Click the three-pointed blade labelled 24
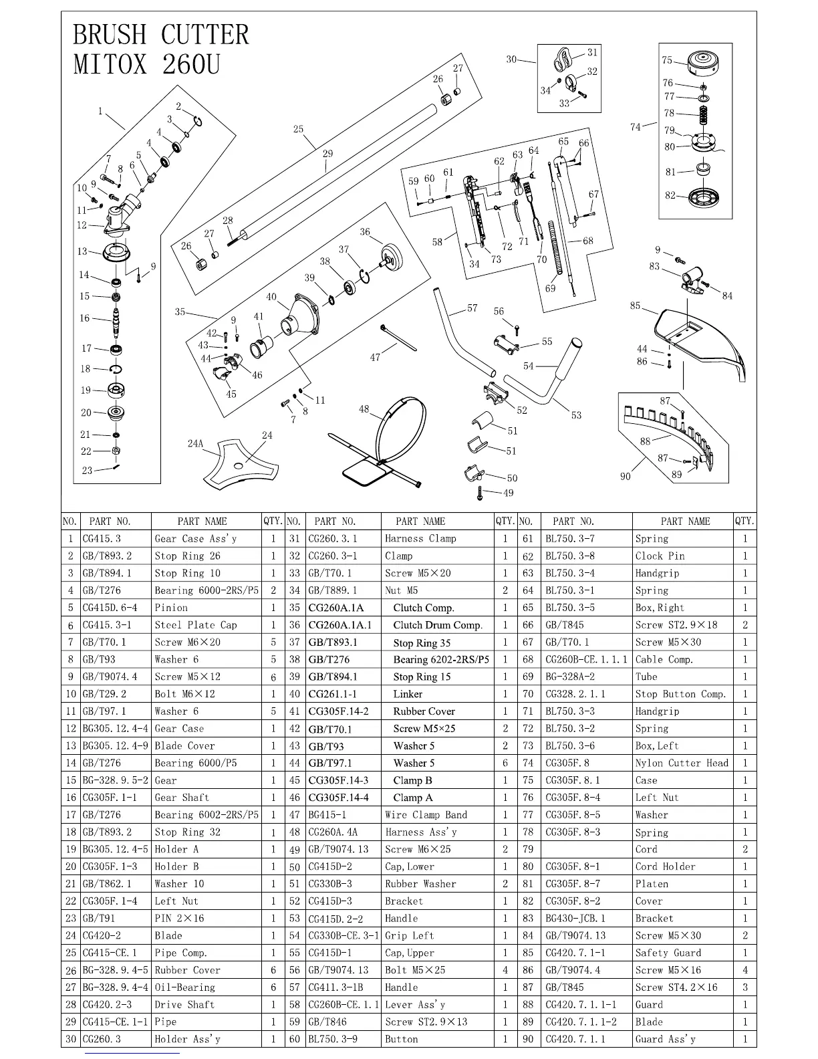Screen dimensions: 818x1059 [x=239, y=463]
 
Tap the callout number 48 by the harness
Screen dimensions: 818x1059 [x=364, y=409]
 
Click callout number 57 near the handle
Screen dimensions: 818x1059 [x=472, y=308]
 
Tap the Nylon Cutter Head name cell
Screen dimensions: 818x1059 [x=682, y=763]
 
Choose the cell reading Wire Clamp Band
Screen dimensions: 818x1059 [x=426, y=815]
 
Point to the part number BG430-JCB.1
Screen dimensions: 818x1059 [x=575, y=919]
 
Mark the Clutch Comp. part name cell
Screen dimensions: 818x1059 [x=423, y=608]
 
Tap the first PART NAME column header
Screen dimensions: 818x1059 [x=202, y=521]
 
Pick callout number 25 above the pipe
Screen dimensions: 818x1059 [x=298, y=130]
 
